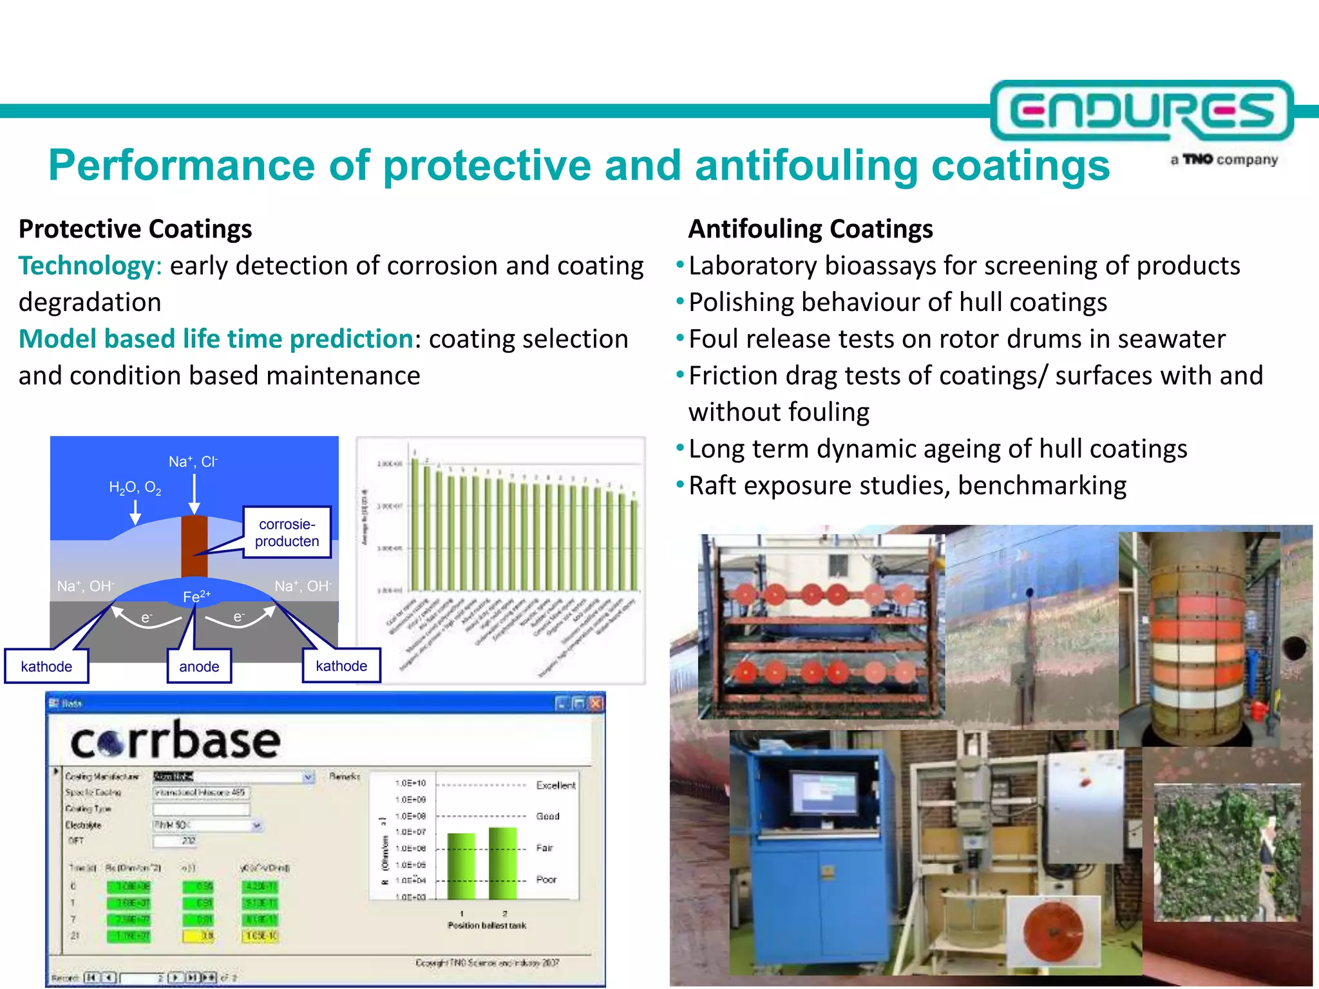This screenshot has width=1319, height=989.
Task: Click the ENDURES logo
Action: pos(1141,111)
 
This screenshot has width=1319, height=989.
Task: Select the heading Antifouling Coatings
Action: pos(810,229)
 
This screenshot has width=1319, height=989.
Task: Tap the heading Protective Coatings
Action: pos(135,229)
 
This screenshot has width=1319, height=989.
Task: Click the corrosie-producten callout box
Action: pos(287,532)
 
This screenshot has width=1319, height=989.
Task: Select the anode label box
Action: pos(199,666)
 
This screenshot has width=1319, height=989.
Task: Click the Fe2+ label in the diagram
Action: pos(196,596)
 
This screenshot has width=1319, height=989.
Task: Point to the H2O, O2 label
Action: pos(135,487)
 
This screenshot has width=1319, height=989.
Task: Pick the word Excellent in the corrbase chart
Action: pos(555,785)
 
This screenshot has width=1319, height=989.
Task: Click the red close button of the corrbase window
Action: pos(596,703)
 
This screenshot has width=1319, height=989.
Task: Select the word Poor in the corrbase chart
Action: pos(546,880)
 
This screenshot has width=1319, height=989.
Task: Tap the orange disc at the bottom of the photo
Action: pos(1054,932)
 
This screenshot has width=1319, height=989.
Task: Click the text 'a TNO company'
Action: pos(1224,160)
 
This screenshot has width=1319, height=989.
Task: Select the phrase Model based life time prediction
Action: pos(216,339)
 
